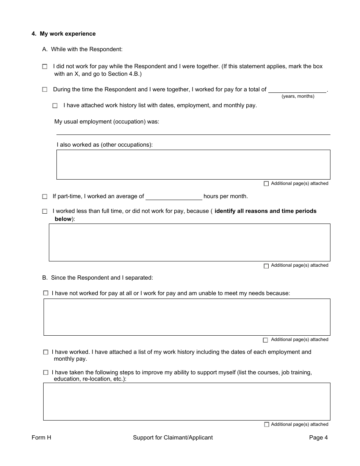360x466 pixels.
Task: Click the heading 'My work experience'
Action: [x=67, y=34]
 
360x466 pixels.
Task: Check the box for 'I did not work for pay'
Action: [x=45, y=67]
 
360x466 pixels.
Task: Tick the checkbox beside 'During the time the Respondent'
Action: [x=45, y=90]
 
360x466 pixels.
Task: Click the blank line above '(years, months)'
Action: [x=297, y=90]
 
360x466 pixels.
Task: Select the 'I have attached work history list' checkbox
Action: [x=55, y=106]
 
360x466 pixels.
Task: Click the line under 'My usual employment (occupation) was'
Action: [x=193, y=131]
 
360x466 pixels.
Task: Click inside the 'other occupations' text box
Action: [x=193, y=164]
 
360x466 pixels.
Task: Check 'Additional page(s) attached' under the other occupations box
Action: [x=266, y=184]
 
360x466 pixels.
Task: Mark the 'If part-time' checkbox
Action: [x=45, y=197]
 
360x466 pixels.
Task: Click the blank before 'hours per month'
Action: [x=174, y=197]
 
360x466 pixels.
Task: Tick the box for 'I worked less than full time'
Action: [x=45, y=211]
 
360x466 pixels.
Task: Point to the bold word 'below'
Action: [x=63, y=219]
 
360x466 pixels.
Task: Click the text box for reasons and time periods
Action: [x=189, y=242]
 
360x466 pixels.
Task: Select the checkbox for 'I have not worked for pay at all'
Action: [x=46, y=293]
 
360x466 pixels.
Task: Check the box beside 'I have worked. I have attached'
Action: [x=46, y=352]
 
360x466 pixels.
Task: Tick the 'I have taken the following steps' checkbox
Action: [x=46, y=373]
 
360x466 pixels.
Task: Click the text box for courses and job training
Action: [x=186, y=401]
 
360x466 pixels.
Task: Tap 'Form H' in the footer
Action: [x=41, y=438]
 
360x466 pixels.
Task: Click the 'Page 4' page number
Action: [x=318, y=438]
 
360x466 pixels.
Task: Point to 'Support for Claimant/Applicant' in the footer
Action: [x=173, y=438]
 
